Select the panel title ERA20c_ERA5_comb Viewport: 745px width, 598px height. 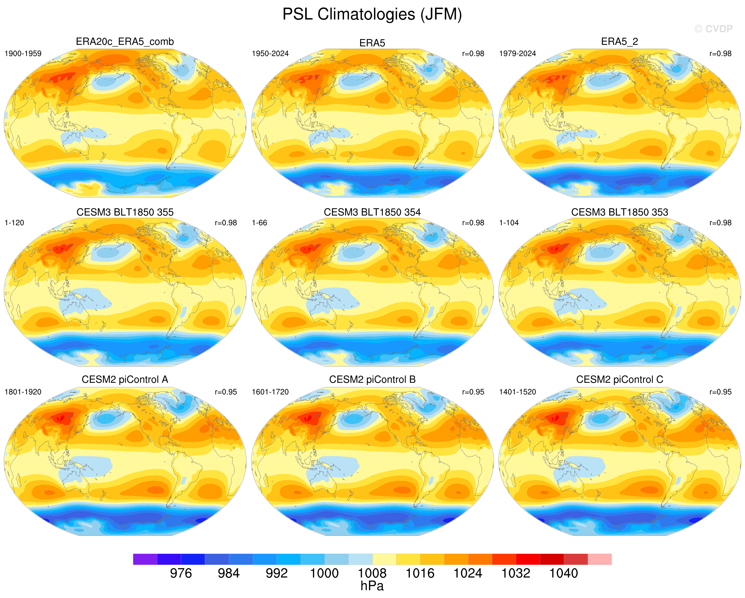pos(125,42)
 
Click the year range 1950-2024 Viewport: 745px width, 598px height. pos(270,53)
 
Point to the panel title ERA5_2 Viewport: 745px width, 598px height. pos(620,42)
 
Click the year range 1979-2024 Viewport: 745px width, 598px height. pos(518,53)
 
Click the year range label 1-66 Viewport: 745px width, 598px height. pos(259,223)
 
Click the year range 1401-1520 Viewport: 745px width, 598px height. pos(518,392)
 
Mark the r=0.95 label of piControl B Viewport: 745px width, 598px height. pos(473,392)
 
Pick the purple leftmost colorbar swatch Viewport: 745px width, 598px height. pos(145,559)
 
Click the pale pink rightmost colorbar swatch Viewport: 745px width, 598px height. pos(600,559)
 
